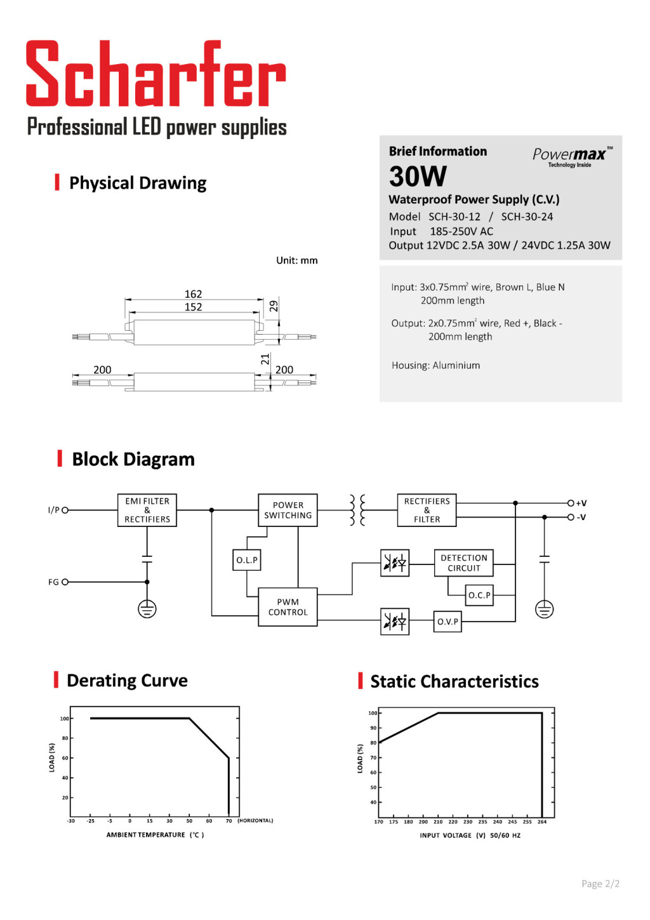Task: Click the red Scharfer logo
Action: pyautogui.click(x=156, y=73)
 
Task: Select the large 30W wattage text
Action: pyautogui.click(x=418, y=177)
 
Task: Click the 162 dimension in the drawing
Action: pyautogui.click(x=193, y=294)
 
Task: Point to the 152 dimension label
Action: pyautogui.click(x=193, y=307)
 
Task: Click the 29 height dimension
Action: pyautogui.click(x=274, y=306)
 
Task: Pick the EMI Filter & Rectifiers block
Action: pyautogui.click(x=147, y=510)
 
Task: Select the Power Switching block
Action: pyautogui.click(x=288, y=510)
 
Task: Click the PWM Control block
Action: pyautogui.click(x=288, y=607)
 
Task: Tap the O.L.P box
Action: pyautogui.click(x=247, y=560)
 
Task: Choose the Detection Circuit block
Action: pyautogui.click(x=463, y=563)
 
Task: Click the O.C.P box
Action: pyautogui.click(x=479, y=595)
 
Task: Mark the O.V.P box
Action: pyautogui.click(x=448, y=622)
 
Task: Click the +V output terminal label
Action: pyautogui.click(x=581, y=503)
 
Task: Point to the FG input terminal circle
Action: pyautogui.click(x=65, y=582)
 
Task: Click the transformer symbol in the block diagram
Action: pyautogui.click(x=357, y=510)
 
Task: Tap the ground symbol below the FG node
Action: pyautogui.click(x=147, y=609)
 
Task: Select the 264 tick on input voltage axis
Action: pyautogui.click(x=542, y=822)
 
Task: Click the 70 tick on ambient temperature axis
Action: pyautogui.click(x=229, y=821)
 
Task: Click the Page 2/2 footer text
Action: pyautogui.click(x=600, y=883)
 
